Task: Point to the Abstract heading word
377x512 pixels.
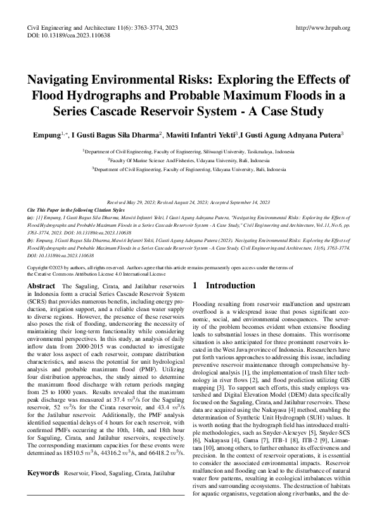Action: [x=41, y=286]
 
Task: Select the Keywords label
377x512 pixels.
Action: [x=43, y=473]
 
